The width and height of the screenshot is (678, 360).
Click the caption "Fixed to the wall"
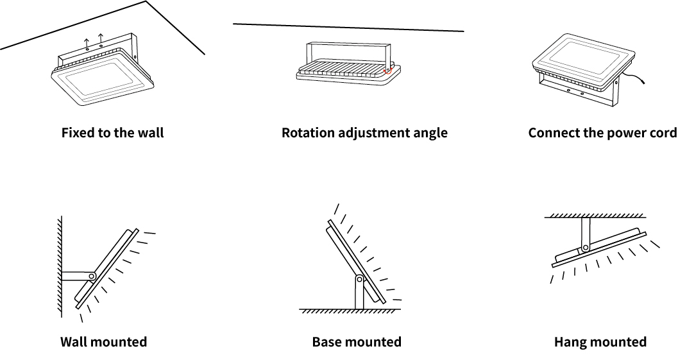pyautogui.click(x=112, y=132)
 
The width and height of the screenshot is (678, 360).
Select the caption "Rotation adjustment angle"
pyautogui.click(x=364, y=132)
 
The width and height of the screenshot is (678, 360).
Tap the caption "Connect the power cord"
pyautogui.click(x=603, y=132)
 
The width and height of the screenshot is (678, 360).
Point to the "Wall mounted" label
pyautogui.click(x=104, y=342)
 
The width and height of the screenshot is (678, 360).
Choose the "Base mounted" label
pyautogui.click(x=357, y=342)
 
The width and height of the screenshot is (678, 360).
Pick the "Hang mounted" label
pyautogui.click(x=600, y=342)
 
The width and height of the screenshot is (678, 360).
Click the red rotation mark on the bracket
pyautogui.click(x=388, y=69)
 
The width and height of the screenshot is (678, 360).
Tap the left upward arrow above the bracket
pyautogui.click(x=87, y=43)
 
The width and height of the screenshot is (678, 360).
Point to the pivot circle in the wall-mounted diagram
pyautogui.click(x=92, y=276)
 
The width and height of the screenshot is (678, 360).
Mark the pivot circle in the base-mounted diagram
pyautogui.click(x=359, y=279)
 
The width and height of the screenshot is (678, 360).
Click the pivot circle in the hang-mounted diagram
pyautogui.click(x=586, y=248)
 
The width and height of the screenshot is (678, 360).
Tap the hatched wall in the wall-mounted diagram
pyautogui.click(x=60, y=267)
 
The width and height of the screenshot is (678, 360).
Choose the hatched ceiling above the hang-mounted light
pyautogui.click(x=595, y=215)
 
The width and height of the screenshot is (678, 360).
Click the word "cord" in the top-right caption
pyautogui.click(x=663, y=132)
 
